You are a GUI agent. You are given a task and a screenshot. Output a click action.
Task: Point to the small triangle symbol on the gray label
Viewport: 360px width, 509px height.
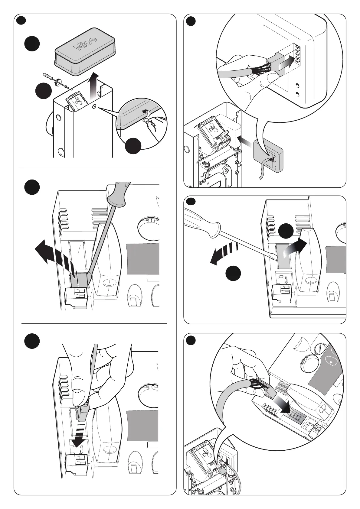[x=332, y=362]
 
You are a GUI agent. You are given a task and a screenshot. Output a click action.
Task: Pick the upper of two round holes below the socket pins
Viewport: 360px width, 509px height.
[x=297, y=85]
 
